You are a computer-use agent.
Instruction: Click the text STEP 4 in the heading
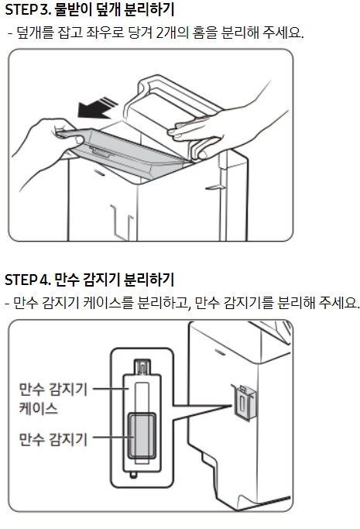[28, 280]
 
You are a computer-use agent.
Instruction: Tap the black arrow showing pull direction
[97, 108]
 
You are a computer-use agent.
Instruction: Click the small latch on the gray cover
[100, 152]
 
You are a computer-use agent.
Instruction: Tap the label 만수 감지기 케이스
[53, 399]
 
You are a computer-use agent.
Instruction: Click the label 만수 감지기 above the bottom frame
[53, 440]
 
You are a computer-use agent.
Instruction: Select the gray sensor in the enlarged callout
[142, 436]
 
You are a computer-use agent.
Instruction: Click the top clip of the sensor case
[142, 367]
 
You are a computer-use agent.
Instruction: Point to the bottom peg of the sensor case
[133, 475]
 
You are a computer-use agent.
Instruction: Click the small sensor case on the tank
[245, 403]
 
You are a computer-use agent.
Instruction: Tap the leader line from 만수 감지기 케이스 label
[111, 389]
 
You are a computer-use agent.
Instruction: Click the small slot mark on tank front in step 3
[99, 173]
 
